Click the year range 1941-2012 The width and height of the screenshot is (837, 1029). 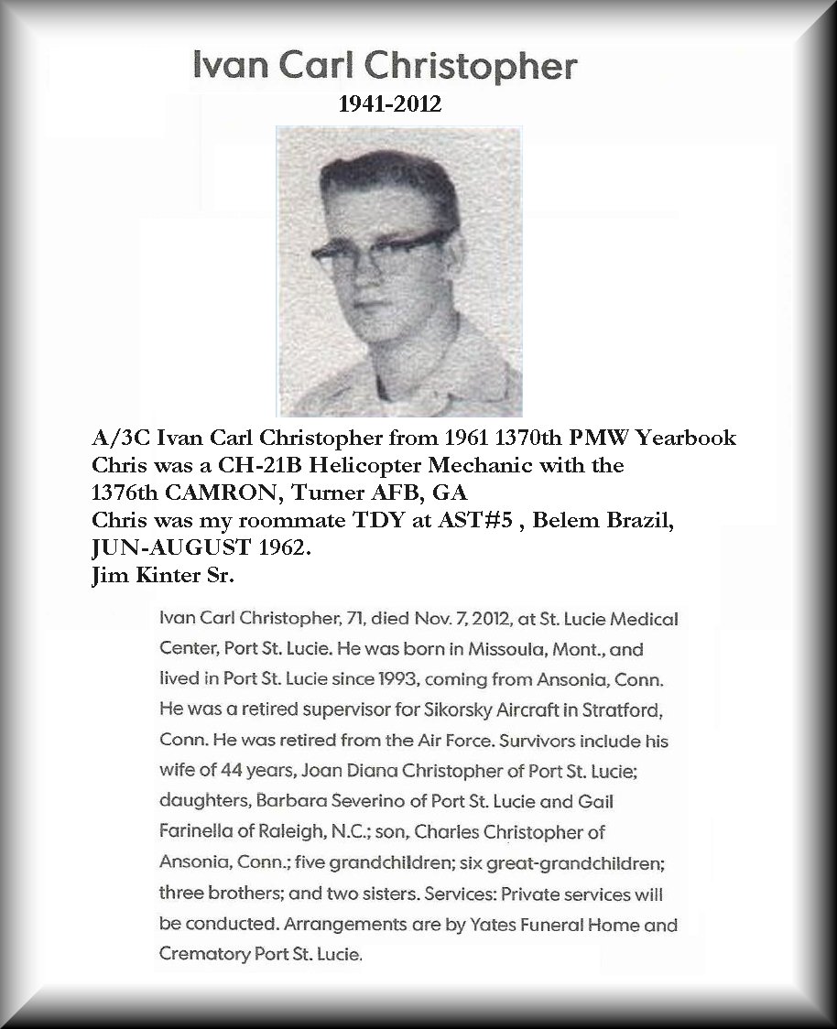(x=390, y=104)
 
